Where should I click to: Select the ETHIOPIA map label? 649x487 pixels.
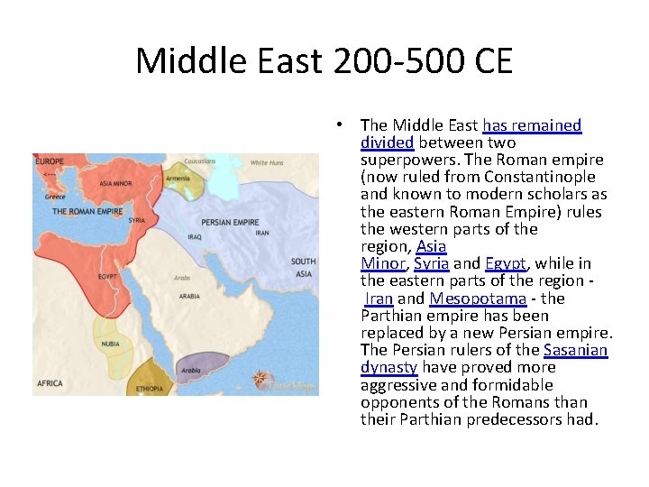point(151,389)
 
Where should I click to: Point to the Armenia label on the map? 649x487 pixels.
point(178,179)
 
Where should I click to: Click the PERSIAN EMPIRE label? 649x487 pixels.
point(230,222)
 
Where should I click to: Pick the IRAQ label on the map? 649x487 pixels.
point(194,237)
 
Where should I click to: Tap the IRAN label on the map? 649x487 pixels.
point(262,233)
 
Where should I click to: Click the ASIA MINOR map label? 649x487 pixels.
point(115,182)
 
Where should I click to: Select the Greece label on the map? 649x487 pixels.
point(55,197)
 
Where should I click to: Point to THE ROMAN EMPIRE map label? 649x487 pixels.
point(87,212)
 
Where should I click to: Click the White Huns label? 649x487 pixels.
point(266,163)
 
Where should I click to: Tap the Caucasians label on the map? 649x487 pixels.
point(199,161)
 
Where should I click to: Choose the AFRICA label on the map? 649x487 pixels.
point(50,383)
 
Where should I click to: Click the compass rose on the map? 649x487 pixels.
point(261,379)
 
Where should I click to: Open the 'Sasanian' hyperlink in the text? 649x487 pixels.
point(576,350)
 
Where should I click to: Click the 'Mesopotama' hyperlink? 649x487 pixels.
point(478,299)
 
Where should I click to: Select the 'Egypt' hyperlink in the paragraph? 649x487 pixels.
point(506,263)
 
